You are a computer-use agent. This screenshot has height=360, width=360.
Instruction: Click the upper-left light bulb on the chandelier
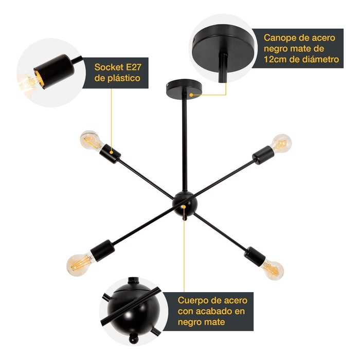click(91, 140)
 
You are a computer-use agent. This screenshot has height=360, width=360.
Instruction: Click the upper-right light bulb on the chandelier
click(280, 143)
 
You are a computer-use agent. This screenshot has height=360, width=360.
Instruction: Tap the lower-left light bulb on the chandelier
click(78, 263)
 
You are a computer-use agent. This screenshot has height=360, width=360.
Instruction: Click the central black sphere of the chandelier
click(184, 204)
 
